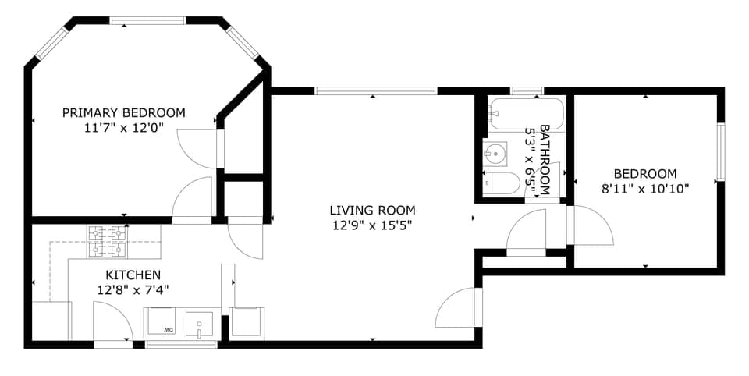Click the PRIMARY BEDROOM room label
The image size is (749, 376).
click(x=124, y=113)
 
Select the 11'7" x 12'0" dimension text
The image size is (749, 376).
click(x=124, y=129)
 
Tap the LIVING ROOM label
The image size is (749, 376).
click(x=372, y=210)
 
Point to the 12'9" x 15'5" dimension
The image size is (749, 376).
click(x=372, y=226)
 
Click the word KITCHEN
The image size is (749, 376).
click(x=133, y=275)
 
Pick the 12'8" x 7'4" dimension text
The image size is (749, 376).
click(x=133, y=290)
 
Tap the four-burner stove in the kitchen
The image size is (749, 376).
click(x=108, y=241)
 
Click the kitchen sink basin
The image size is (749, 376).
click(x=201, y=322)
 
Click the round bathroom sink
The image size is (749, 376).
click(x=495, y=153)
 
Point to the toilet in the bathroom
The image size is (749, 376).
click(x=502, y=183)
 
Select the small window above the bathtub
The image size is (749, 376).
click(x=527, y=91)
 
